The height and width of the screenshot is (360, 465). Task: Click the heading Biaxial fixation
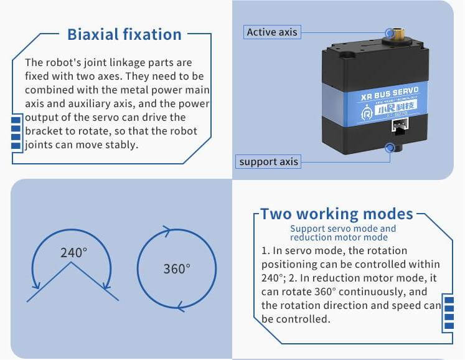(124, 34)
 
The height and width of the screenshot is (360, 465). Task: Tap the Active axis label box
(272, 32)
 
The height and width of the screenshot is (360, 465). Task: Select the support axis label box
(268, 161)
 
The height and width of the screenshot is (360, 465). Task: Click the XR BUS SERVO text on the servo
(390, 93)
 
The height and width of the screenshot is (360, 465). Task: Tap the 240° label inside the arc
(74, 253)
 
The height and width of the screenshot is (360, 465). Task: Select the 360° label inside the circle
(177, 269)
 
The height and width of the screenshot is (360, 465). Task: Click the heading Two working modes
(337, 214)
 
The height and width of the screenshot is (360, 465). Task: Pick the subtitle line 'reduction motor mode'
(339, 237)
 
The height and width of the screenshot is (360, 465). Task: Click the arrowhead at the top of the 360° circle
(167, 230)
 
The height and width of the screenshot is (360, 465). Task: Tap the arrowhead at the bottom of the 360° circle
(181, 306)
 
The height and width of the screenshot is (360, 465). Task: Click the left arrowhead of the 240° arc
(36, 284)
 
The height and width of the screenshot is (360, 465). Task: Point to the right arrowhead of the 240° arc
(107, 285)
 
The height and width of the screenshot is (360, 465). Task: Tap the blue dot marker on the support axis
(390, 147)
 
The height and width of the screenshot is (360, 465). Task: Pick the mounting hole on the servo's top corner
(347, 55)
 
